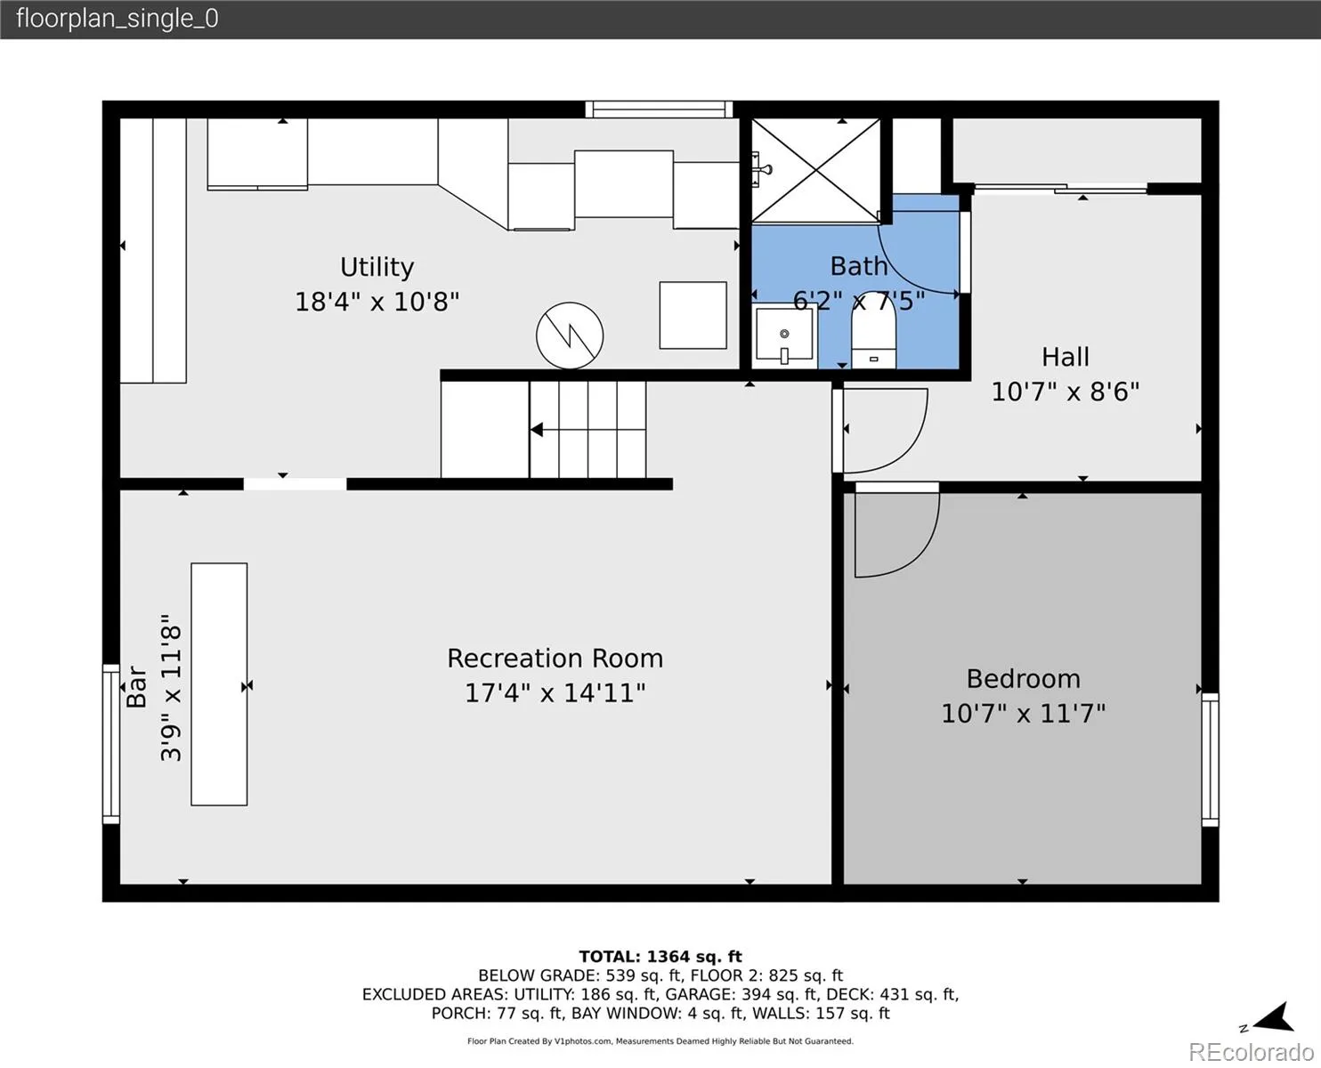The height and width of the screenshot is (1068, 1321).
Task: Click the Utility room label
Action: (x=377, y=267)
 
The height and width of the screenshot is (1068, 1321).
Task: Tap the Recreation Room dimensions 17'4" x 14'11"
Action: (x=555, y=692)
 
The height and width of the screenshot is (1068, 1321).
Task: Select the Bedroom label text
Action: (x=1024, y=679)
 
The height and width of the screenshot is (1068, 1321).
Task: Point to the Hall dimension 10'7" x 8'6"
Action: (x=1066, y=392)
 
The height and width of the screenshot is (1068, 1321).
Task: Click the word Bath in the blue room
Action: (x=859, y=266)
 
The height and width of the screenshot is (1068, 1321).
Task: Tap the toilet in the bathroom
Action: (x=873, y=330)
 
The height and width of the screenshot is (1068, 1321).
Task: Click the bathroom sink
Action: (x=784, y=336)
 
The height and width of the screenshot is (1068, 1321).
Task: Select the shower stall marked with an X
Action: (x=815, y=171)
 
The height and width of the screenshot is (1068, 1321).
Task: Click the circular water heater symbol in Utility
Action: (x=570, y=336)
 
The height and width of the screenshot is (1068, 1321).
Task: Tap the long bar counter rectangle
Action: (x=219, y=684)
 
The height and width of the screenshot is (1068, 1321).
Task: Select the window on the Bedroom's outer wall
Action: (x=1210, y=759)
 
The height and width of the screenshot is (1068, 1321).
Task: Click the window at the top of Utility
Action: (x=659, y=109)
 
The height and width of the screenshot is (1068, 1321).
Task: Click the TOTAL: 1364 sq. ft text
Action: (x=660, y=957)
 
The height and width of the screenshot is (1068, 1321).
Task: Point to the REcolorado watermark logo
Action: (x=1251, y=1051)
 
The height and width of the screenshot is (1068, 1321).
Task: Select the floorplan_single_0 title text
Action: (x=118, y=19)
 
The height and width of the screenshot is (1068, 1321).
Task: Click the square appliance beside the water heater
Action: (x=693, y=315)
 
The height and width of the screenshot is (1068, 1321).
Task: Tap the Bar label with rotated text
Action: (x=137, y=686)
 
